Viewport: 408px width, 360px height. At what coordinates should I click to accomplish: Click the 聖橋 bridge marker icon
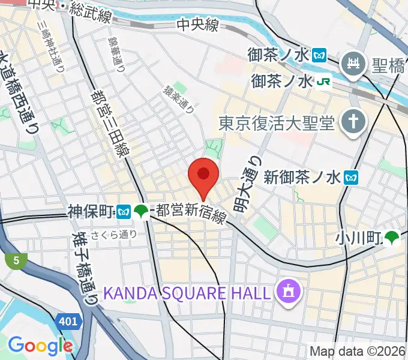[x=353, y=64]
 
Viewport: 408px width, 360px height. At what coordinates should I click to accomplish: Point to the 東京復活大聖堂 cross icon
[x=353, y=124]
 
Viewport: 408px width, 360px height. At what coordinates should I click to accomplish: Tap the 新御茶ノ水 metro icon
[x=352, y=178]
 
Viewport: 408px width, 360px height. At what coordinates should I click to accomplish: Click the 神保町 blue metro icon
[x=124, y=211]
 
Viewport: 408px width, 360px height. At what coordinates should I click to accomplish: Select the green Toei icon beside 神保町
[x=142, y=211]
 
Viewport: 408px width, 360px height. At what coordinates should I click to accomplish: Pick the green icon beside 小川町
[x=392, y=238]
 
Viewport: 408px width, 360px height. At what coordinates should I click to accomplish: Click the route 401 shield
[x=69, y=322]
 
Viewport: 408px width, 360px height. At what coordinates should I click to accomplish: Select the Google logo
[x=40, y=346]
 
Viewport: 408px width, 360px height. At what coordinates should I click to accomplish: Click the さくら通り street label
[x=114, y=235]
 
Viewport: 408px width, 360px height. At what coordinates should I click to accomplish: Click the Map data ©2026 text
[x=358, y=352]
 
